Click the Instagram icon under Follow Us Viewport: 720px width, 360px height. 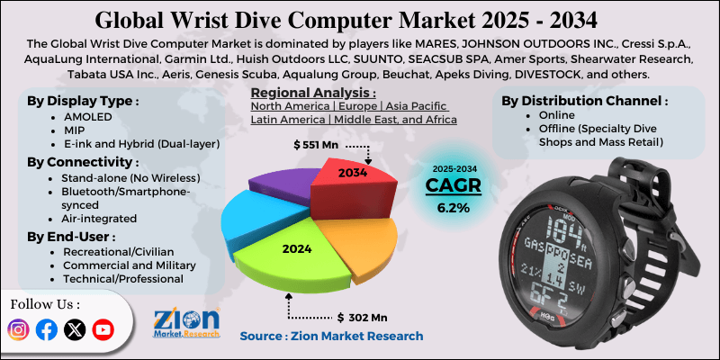[x=19, y=329]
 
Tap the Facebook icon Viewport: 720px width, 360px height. [x=47, y=329]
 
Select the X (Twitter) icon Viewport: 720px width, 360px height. [x=76, y=329]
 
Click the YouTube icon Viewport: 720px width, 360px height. [x=103, y=329]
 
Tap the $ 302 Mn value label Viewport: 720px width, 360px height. [x=362, y=317]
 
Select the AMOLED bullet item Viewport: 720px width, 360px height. [x=88, y=118]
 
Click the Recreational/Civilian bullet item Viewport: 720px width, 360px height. [x=118, y=253]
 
